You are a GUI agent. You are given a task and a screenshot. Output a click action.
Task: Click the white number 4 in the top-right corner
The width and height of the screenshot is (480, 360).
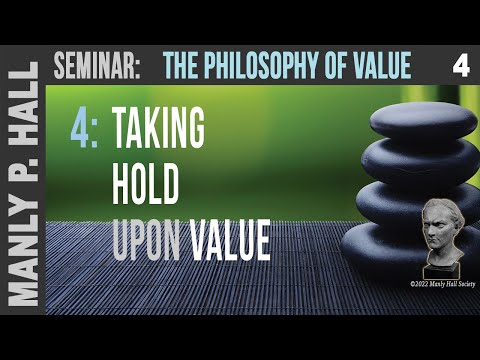[x=460, y=67]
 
